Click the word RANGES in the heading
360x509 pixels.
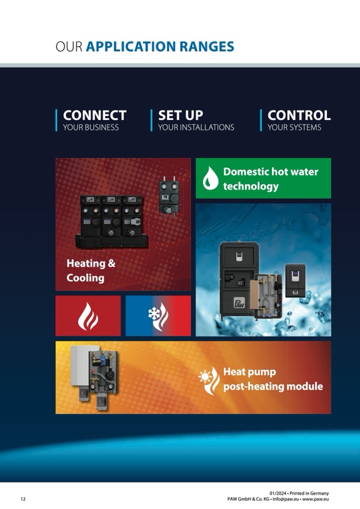207,46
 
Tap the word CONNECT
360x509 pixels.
95,115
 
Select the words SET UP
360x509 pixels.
181,115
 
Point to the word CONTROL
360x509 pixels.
299,115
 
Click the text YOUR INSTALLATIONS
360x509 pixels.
196,127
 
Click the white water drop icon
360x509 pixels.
210,178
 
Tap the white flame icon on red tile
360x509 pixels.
88,316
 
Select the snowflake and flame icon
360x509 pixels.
158,316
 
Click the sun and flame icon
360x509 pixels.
209,381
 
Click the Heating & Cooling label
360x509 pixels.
91,270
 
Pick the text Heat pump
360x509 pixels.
250,372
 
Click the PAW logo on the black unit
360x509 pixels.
239,303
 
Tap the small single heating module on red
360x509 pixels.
169,197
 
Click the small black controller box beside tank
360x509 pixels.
295,280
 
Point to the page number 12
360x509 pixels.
23,499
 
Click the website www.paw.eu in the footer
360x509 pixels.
315,499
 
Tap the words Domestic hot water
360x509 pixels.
271,172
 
